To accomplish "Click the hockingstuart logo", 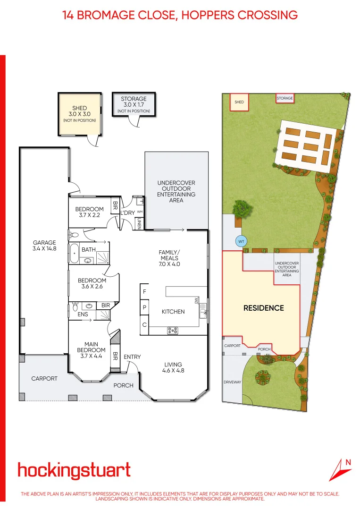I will tap(74, 471).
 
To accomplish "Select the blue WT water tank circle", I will tap(241, 242).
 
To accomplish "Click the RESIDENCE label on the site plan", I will tap(263, 308).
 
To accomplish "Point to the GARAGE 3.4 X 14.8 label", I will tap(44, 245).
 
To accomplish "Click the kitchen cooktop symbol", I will tap(172, 331).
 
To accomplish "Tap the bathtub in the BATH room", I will tap(75, 254).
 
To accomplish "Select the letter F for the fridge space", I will tap(144, 291).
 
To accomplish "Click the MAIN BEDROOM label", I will tap(91, 347).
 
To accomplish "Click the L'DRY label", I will tap(127, 213).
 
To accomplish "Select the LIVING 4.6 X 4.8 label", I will tap(174, 367).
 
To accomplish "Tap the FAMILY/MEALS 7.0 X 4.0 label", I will tap(169, 258).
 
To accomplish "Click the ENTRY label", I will tap(132, 357).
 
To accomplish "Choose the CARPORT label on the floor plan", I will tap(44, 379).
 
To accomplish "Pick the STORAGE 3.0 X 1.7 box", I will tap(134, 104).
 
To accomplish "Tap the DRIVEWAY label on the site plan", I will tap(232, 382).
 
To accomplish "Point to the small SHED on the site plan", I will tap(239, 102).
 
